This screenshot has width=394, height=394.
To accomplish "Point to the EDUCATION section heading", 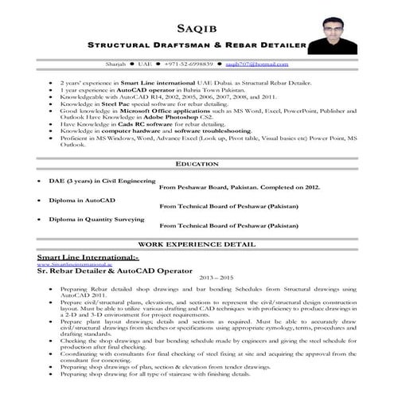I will (197, 163).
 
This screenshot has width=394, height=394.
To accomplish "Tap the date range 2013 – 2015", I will (197, 279).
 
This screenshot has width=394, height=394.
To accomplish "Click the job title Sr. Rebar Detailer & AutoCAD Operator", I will (115, 271).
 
